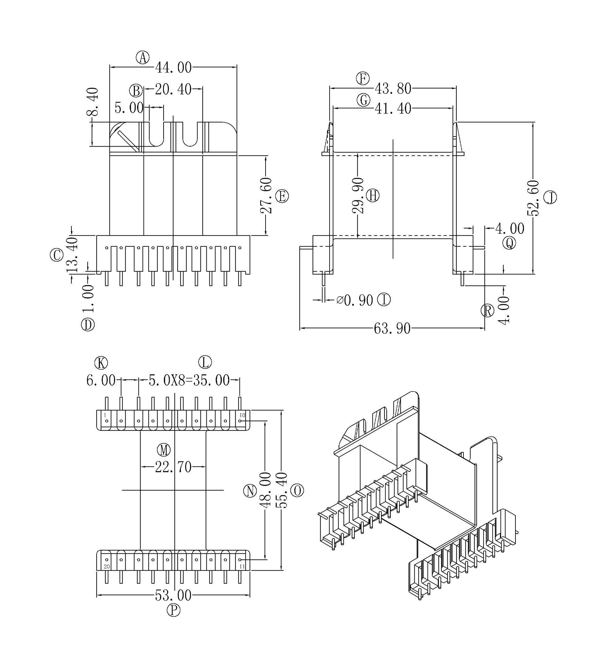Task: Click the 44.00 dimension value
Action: pos(173,68)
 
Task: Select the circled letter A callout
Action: pos(142,57)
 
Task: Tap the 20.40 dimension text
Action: pos(173,89)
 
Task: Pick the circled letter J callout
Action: pos(550,198)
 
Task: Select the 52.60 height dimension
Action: pos(533,198)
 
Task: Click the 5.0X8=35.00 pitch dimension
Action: pos(189,380)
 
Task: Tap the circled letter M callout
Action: pos(164,450)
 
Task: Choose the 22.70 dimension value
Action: pos(173,467)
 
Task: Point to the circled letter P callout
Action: pos(173,610)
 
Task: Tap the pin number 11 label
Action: pos(242,567)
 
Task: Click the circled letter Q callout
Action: pos(509,243)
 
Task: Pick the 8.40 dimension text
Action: pos(93,101)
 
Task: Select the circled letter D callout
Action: pos(88,324)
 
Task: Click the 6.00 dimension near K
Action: pos(101,380)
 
